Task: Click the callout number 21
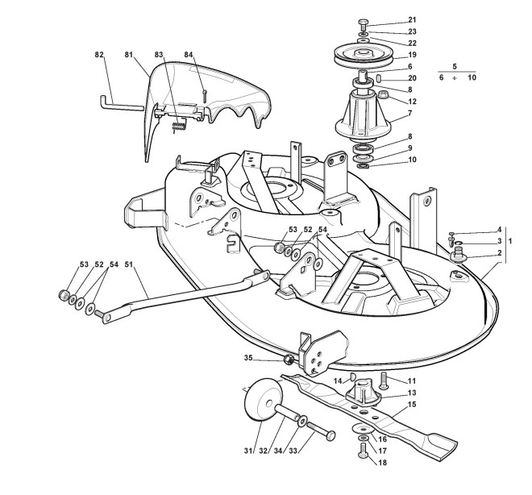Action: [413, 19]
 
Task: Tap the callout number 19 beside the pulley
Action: [412, 54]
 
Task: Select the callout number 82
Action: [100, 54]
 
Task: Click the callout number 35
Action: [248, 357]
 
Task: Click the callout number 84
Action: [189, 54]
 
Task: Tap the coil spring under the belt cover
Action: [181, 123]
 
